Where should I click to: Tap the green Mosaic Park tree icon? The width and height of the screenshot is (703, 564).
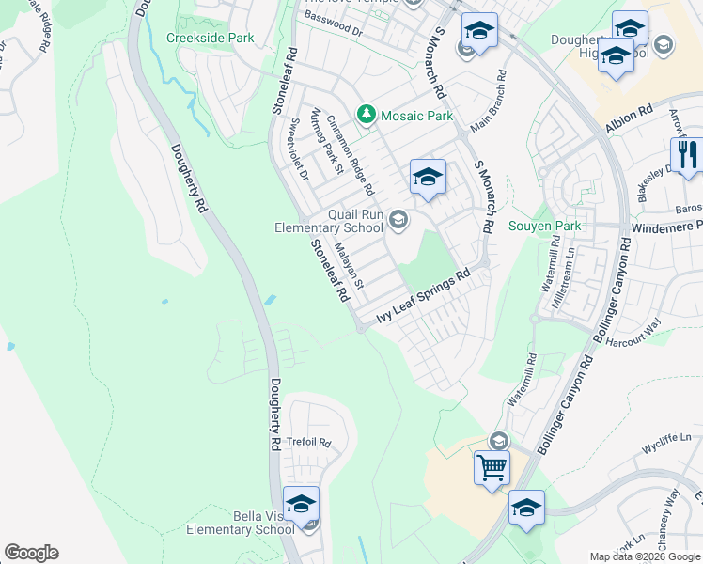pyautogui.click(x=367, y=116)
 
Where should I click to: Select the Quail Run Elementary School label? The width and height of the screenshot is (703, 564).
pyautogui.click(x=329, y=221)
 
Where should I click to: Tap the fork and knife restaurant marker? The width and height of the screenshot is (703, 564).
pyautogui.click(x=688, y=155)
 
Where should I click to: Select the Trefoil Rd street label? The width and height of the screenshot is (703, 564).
pyautogui.click(x=309, y=442)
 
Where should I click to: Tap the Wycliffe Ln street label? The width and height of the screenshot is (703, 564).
pyautogui.click(x=666, y=439)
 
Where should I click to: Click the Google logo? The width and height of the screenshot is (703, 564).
pyautogui.click(x=31, y=553)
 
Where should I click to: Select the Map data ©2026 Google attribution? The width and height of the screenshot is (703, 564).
pyautogui.click(x=646, y=556)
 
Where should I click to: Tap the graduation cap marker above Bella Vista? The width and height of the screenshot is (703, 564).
pyautogui.click(x=301, y=505)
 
